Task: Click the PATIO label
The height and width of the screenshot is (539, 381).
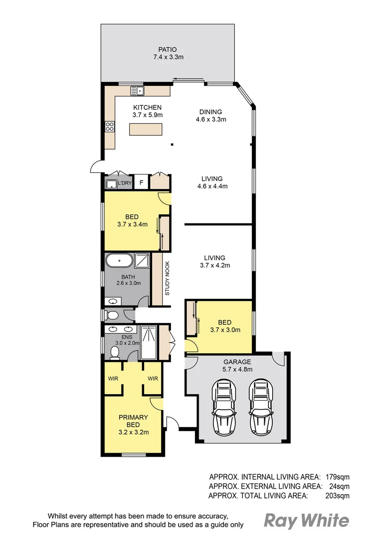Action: coord(168,50)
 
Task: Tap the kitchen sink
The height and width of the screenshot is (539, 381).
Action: coord(137,91)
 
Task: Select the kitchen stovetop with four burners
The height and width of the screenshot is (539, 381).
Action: coord(109,127)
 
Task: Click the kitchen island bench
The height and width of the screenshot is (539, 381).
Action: coord(147,130)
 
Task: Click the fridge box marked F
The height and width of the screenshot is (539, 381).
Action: coord(141,183)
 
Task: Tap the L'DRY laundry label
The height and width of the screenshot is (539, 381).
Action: coord(125,183)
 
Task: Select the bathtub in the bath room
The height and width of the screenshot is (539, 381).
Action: coord(119,260)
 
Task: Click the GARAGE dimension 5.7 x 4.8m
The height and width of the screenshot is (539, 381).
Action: coord(237,370)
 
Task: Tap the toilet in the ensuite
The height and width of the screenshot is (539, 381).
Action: coord(115,352)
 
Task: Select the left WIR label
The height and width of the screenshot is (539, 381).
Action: coord(113,379)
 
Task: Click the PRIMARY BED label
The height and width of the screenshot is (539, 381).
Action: coord(133,421)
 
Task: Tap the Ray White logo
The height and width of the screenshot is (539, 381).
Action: coord(306,521)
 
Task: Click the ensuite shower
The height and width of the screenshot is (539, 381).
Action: coord(149,342)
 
